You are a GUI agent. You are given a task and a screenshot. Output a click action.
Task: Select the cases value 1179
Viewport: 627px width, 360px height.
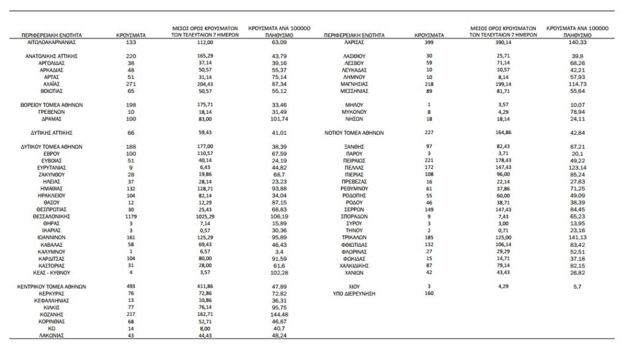[x=130, y=216]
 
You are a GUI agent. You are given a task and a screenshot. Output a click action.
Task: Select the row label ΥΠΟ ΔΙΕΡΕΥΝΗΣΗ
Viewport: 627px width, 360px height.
[x=353, y=293]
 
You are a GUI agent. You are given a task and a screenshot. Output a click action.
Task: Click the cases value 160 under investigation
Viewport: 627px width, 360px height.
[x=429, y=293]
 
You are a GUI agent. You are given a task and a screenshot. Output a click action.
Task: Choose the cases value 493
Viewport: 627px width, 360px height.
[x=130, y=287]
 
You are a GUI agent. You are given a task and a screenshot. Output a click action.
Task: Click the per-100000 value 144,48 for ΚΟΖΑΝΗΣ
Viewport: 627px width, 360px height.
[x=278, y=314]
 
